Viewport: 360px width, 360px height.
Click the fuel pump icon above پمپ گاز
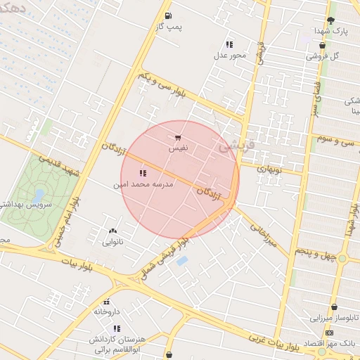(x=168, y=15)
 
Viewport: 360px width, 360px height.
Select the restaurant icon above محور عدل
(x=229, y=44)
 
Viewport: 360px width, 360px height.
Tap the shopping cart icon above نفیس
(x=177, y=139)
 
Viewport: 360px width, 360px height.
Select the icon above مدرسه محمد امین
(x=143, y=173)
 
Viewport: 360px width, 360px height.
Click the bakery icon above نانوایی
(x=112, y=231)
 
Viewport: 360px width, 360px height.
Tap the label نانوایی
(x=112, y=243)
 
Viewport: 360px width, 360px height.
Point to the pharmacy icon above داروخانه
(x=106, y=302)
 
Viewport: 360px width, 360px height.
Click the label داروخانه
(x=106, y=311)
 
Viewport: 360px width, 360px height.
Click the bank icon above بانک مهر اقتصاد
(x=329, y=333)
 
